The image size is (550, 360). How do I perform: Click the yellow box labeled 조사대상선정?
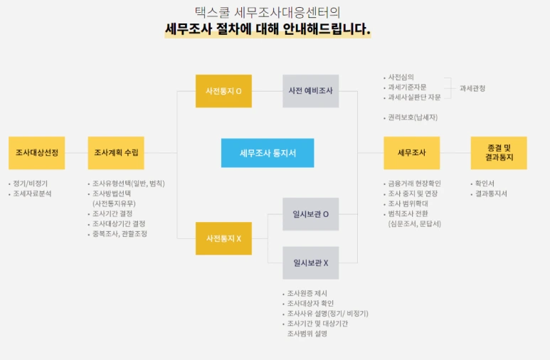click(x=37, y=153)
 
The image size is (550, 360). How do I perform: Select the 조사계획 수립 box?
click(x=116, y=153)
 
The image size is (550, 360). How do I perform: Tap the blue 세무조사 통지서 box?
click(x=267, y=153)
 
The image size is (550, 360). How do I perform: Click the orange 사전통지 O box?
click(x=223, y=91)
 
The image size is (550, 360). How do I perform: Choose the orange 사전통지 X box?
click(x=223, y=238)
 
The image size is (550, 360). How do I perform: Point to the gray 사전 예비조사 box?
click(x=310, y=91)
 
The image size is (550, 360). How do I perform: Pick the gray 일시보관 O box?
click(x=310, y=214)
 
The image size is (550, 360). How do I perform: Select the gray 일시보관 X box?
click(x=310, y=263)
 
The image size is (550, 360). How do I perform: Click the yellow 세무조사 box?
click(x=411, y=153)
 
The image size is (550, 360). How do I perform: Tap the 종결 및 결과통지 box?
click(x=499, y=153)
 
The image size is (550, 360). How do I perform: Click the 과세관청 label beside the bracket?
click(x=472, y=88)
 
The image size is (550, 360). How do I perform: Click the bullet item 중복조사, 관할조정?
click(x=120, y=233)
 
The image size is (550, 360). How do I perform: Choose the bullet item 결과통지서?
click(x=492, y=194)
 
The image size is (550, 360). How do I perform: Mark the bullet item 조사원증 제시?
click(x=307, y=293)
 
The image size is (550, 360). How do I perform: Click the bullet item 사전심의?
click(x=401, y=77)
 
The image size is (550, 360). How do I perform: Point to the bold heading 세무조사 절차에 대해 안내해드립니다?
click(x=268, y=30)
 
